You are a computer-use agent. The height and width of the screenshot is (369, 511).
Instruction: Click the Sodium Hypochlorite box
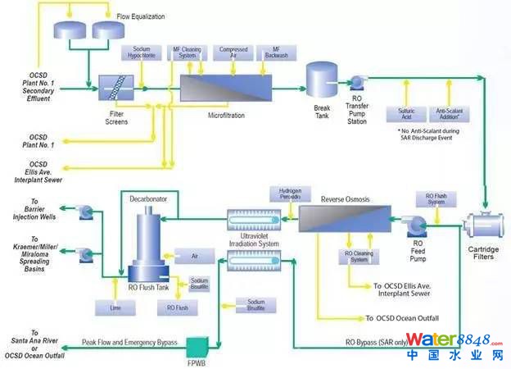(x=142, y=54)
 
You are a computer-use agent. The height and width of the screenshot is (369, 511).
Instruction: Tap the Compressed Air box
(x=233, y=53)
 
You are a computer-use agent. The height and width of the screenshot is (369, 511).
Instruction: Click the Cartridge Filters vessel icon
(x=486, y=225)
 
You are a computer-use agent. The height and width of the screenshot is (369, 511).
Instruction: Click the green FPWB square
(x=199, y=345)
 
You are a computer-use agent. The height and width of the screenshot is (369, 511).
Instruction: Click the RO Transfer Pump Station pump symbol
(x=358, y=82)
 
